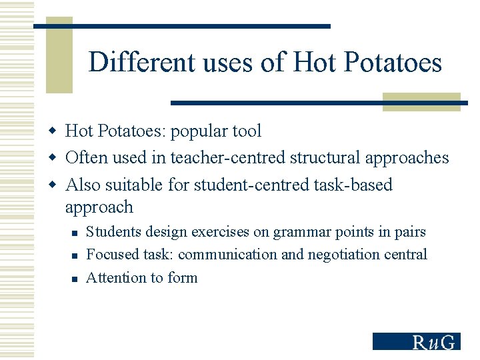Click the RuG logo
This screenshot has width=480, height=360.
pos(416,341)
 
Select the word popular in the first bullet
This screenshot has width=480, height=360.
pos(198,131)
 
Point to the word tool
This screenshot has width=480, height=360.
pos(245,131)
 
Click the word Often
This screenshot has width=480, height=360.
pos(83,158)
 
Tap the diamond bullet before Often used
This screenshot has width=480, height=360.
pos(55,158)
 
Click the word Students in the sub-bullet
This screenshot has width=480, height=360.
pos(111,233)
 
